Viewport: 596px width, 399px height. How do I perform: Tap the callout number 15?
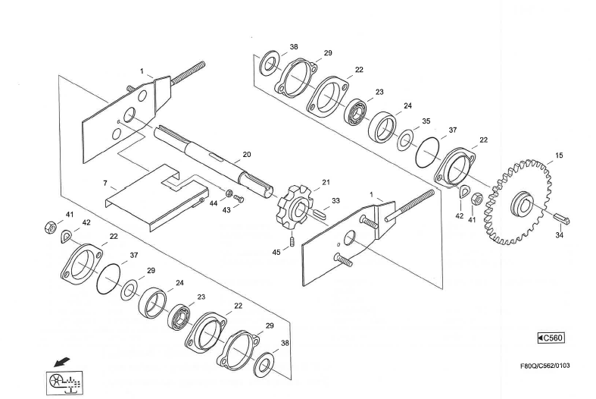pyautogui.click(x=559, y=156)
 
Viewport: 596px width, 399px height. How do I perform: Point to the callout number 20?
pyautogui.click(x=246, y=155)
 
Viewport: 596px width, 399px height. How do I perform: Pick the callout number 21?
pyautogui.click(x=326, y=183)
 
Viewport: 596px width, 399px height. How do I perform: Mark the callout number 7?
pyautogui.click(x=105, y=184)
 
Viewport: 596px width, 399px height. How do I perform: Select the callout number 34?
pyautogui.click(x=559, y=235)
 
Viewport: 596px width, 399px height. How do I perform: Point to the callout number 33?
pyautogui.click(x=335, y=201)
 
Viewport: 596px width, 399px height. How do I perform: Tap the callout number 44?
pyautogui.click(x=214, y=205)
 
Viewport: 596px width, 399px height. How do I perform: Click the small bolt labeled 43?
pyautogui.click(x=239, y=198)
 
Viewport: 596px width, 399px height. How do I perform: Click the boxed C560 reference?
pyautogui.click(x=550, y=338)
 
